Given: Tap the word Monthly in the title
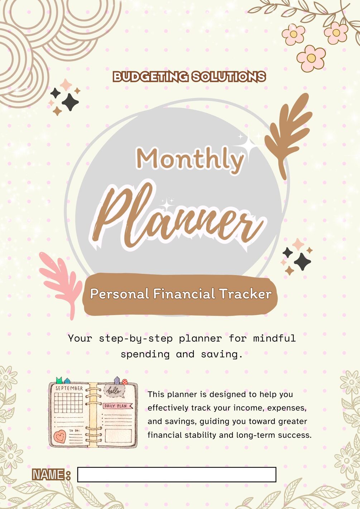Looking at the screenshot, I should [x=190, y=159].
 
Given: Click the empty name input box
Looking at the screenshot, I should [x=177, y=475].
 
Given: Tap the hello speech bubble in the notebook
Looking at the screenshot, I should [x=114, y=391].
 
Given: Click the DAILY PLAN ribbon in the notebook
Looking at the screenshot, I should [x=117, y=406].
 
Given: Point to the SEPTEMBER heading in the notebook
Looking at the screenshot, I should [x=69, y=388].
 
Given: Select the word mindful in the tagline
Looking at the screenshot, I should [x=274, y=338].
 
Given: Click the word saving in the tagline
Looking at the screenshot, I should [x=219, y=354].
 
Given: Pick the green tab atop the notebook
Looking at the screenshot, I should [x=59, y=380].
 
